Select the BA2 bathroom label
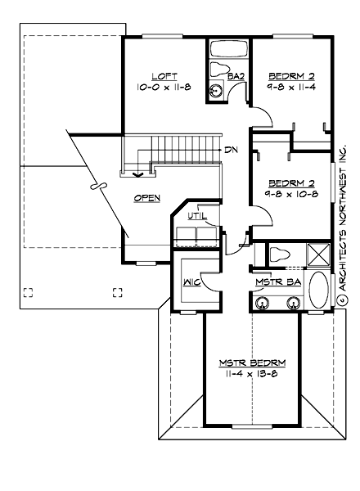tap(236, 76)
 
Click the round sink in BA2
tap(218, 91)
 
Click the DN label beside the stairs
tap(232, 151)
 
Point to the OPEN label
tap(147, 198)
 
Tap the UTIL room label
tap(198, 216)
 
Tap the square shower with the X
tap(317, 255)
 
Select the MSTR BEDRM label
tap(245, 362)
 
